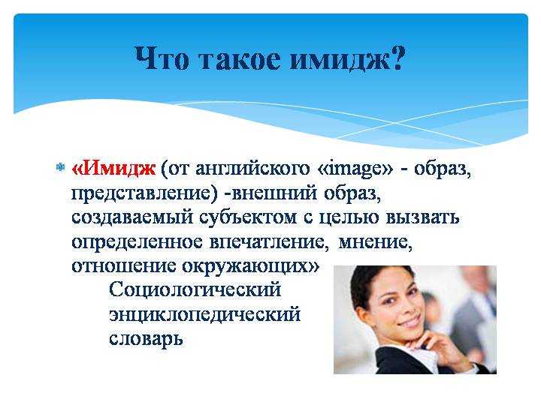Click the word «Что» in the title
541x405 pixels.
(x=162, y=58)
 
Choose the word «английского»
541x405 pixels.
(x=252, y=169)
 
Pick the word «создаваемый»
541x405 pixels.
(x=132, y=218)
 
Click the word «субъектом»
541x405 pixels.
(x=248, y=217)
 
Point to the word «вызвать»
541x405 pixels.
(x=422, y=218)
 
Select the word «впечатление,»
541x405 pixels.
(x=269, y=242)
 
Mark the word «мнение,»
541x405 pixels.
(x=376, y=242)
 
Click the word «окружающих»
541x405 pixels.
(x=244, y=267)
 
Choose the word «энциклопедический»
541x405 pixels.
(x=205, y=315)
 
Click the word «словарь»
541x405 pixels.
(x=146, y=339)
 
